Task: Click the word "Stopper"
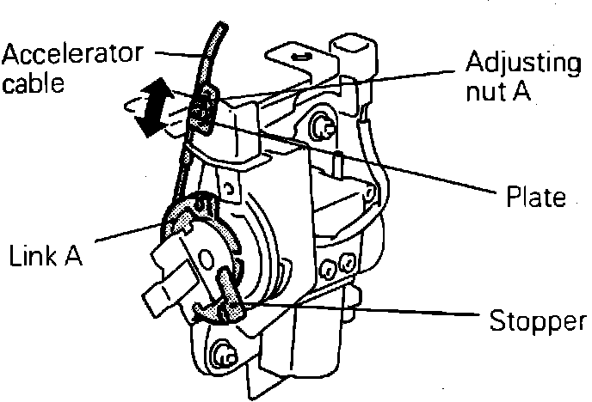pyautogui.click(x=539, y=323)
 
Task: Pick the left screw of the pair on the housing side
pyautogui.click(x=327, y=270)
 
